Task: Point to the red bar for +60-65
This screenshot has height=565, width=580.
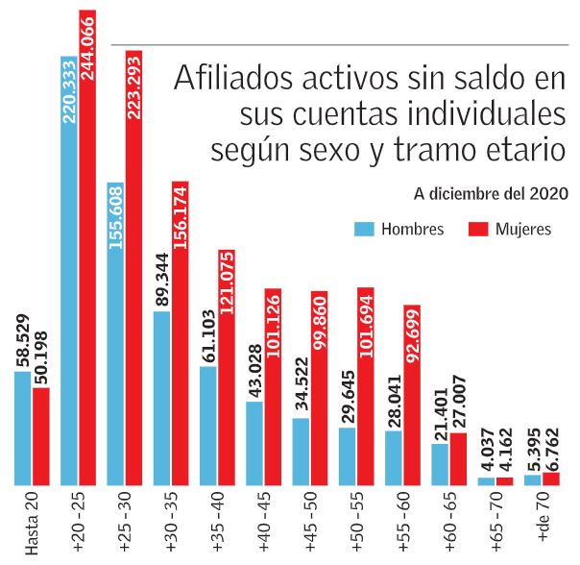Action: point(458,458)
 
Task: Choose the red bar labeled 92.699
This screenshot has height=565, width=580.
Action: point(412,395)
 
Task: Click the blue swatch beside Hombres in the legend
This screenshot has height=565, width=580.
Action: point(363,230)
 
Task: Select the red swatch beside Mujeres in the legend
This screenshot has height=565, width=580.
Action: point(478,230)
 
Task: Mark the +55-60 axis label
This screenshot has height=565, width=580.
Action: point(402,523)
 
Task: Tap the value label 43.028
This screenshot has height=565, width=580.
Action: point(254,364)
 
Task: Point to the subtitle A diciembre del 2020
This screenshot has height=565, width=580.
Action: point(490,193)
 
